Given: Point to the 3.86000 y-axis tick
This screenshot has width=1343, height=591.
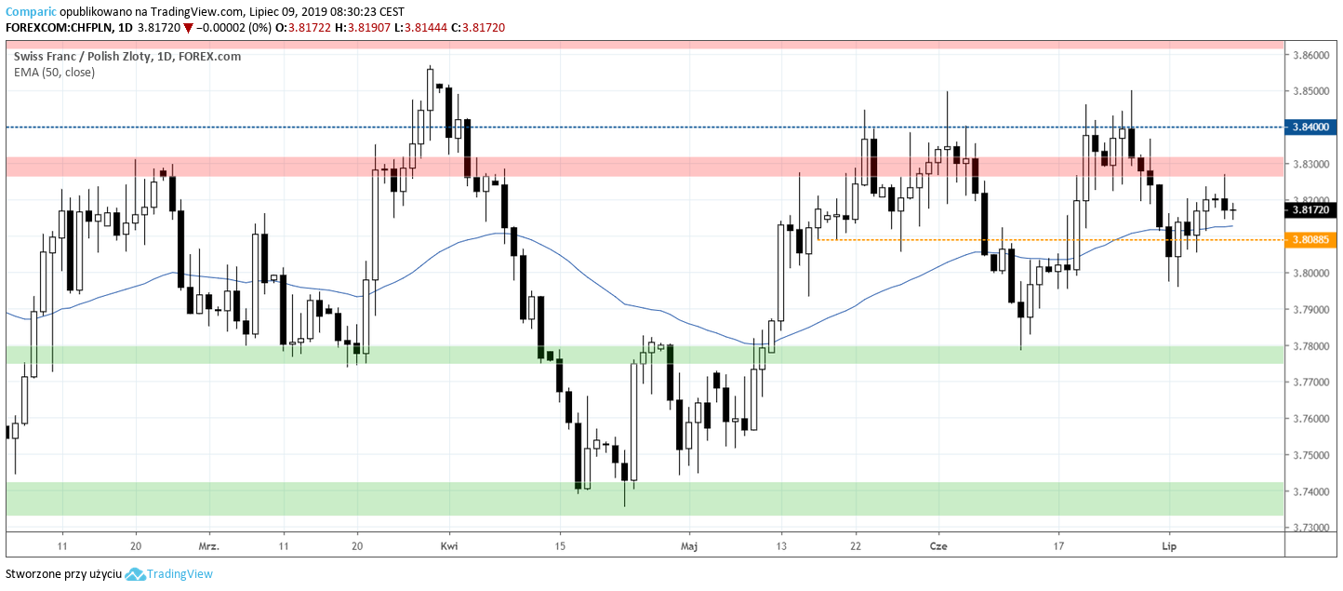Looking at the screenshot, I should [x=1310, y=56].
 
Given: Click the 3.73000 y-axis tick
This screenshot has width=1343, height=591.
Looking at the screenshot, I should [x=1310, y=528].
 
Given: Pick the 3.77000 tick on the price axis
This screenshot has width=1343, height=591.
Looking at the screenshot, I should [x=1310, y=383].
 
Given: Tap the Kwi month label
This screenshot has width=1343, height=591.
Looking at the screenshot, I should [x=449, y=546].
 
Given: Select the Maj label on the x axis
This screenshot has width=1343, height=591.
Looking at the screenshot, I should [x=688, y=546].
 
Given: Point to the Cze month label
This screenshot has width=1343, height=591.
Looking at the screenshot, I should [x=937, y=546].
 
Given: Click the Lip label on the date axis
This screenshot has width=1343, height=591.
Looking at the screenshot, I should [x=1169, y=546].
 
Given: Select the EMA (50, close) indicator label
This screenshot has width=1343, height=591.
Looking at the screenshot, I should [x=54, y=72].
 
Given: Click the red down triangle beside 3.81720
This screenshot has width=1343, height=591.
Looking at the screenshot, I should [x=188, y=28].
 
